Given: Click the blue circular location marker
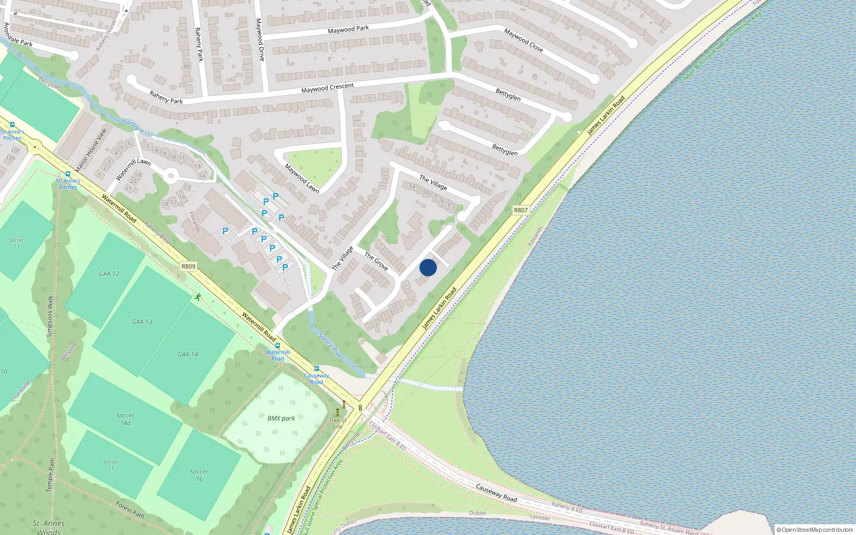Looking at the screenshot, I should pyautogui.click(x=428, y=267).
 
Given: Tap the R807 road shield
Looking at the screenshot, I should pyautogui.click(x=521, y=210).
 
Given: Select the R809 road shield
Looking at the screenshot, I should pyautogui.click(x=188, y=266).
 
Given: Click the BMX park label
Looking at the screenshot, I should pyautogui.click(x=281, y=418).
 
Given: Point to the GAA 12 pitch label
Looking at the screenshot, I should pyautogui.click(x=109, y=274).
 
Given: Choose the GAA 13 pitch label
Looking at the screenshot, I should pyautogui.click(x=142, y=322).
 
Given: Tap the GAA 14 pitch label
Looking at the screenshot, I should pyautogui.click(x=188, y=354).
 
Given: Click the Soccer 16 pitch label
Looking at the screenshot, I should pyautogui.click(x=199, y=475).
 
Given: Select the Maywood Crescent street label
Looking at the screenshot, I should pyautogui.click(x=327, y=88).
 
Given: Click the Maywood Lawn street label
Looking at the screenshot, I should pyautogui.click(x=302, y=178).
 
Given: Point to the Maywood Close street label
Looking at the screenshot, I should pyautogui.click(x=523, y=40).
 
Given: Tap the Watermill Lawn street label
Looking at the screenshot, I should pyautogui.click(x=133, y=169).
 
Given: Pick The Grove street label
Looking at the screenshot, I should pyautogui.click(x=376, y=261).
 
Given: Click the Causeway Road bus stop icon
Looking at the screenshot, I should pyautogui.click(x=317, y=368).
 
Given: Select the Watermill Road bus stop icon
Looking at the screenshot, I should pyautogui.click(x=278, y=346).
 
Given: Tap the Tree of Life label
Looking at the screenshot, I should pyautogui.click(x=337, y=423).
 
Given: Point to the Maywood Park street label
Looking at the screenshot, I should pyautogui.click(x=348, y=29).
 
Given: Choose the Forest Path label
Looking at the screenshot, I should pyautogui.click(x=131, y=509).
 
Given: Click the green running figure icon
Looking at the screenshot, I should pyautogui.click(x=198, y=296).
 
